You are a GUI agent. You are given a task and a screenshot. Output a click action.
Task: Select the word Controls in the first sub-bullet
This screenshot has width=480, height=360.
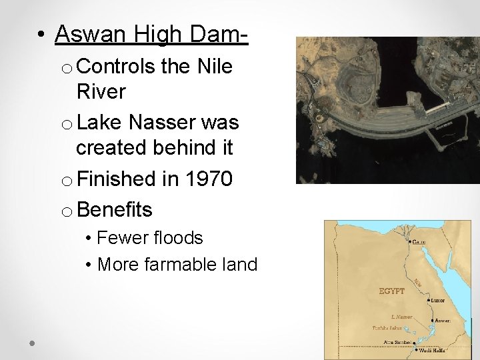click(x=118, y=67)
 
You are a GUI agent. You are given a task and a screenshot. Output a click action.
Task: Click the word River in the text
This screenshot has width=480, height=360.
click(x=101, y=92)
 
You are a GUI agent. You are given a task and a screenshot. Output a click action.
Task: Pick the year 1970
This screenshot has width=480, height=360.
click(x=207, y=179)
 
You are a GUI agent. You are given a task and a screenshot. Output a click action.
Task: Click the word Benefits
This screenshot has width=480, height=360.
click(x=115, y=210)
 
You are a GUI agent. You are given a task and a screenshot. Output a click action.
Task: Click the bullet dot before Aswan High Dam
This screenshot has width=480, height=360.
click(x=42, y=34)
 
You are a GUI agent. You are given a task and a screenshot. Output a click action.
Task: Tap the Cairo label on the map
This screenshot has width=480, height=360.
click(x=419, y=241)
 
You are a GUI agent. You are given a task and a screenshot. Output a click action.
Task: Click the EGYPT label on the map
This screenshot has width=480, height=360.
click(x=392, y=291)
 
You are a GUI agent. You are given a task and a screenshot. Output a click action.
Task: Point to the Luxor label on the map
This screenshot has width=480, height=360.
click(x=437, y=301)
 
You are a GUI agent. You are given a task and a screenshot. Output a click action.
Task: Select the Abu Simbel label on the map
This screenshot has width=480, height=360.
click(x=397, y=342)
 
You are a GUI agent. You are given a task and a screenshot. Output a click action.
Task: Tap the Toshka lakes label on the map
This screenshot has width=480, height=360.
click(x=387, y=328)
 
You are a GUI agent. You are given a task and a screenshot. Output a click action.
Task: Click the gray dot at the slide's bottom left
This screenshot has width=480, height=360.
click(x=32, y=342)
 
